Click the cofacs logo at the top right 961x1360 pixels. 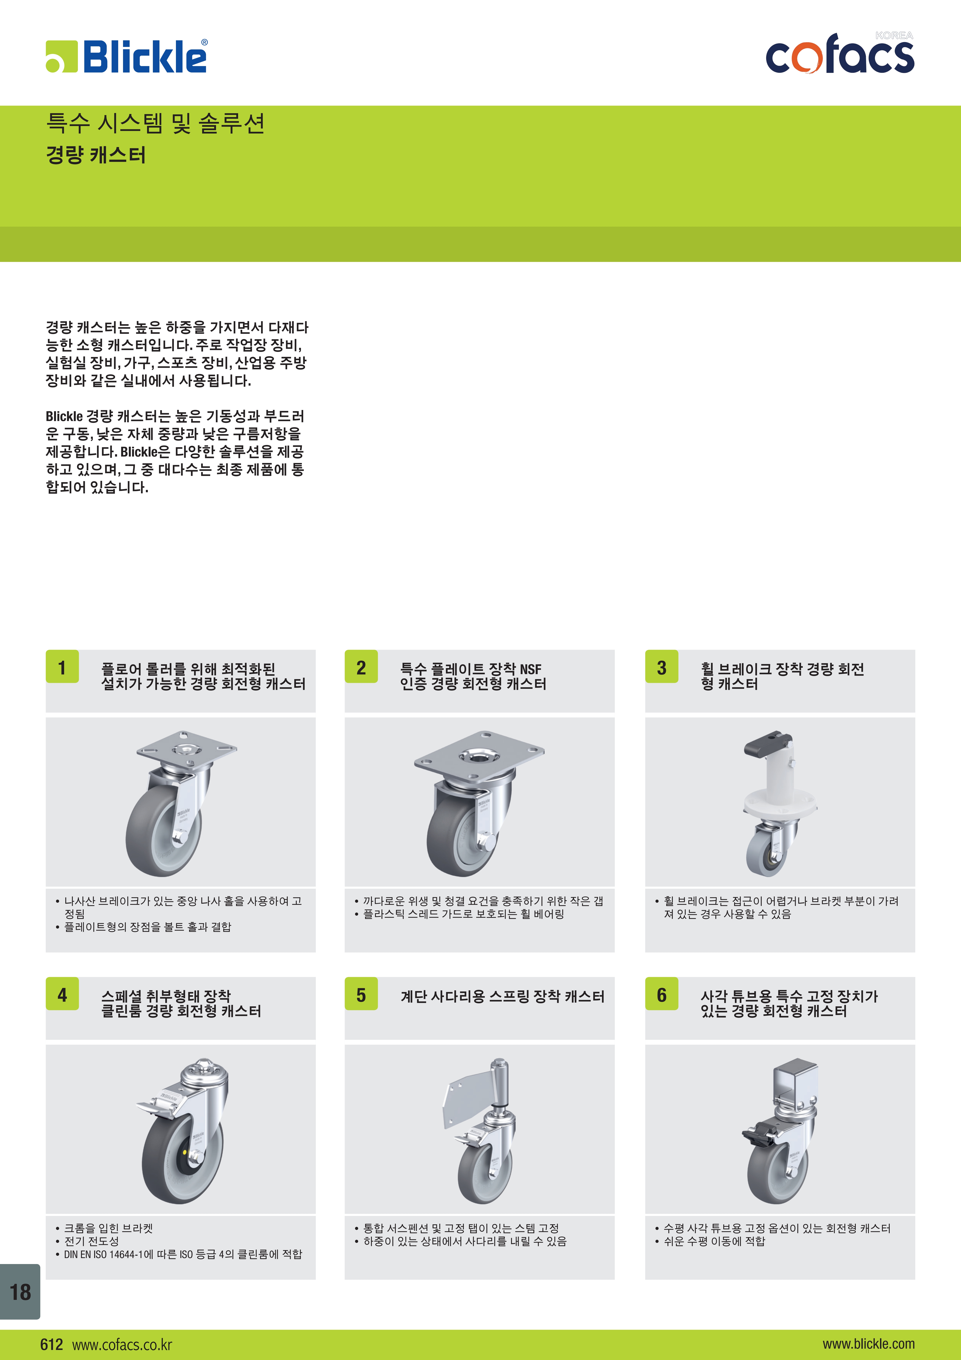[840, 54]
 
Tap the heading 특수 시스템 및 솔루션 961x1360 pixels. [155, 123]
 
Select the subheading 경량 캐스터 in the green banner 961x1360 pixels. [96, 155]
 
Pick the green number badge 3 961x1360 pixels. [661, 667]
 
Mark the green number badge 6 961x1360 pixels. [661, 995]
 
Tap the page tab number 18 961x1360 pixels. [20, 1291]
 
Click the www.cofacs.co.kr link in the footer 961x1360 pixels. [122, 1345]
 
